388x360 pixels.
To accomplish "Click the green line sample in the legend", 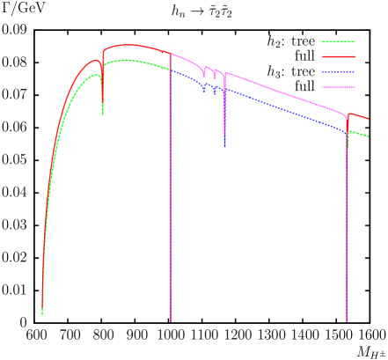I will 338,41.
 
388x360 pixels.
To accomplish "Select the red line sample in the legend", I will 338,56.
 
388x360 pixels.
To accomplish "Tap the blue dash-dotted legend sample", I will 338,72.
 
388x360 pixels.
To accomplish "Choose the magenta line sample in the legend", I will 338,87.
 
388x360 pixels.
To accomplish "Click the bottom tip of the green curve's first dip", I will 102,114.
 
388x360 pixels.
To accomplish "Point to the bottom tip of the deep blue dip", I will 224,146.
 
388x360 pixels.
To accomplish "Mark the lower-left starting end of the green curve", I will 42,312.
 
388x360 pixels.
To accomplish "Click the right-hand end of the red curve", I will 368,119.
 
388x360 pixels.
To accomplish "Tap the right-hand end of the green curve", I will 368,136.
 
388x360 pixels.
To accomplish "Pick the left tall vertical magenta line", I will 171,220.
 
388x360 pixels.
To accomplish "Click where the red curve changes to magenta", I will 171,54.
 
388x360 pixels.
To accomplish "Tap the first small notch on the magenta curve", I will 204,77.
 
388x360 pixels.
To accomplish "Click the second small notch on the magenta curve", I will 214,78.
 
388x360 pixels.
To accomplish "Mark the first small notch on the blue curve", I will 204,91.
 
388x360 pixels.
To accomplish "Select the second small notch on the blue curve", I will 214,92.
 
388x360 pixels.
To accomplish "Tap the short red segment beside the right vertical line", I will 357,115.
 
